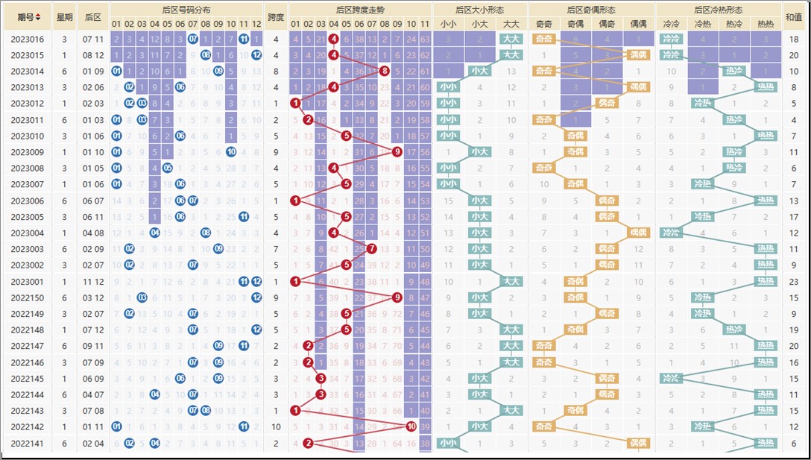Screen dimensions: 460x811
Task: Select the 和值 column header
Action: coord(793,16)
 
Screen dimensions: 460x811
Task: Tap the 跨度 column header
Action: coord(276,16)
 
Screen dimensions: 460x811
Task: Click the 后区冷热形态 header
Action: coord(718,10)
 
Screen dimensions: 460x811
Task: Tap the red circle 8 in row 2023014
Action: coord(384,71)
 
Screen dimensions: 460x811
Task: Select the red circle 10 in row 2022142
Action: coord(411,426)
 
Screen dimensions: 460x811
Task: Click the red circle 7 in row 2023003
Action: coord(371,249)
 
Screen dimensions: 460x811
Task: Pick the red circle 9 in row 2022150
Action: coord(397,297)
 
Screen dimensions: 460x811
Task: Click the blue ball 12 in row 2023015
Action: coord(256,55)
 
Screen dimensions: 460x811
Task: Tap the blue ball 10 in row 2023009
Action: coord(231,152)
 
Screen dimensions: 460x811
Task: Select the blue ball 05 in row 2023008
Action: coord(168,168)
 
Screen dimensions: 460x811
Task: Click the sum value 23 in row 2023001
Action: coord(793,282)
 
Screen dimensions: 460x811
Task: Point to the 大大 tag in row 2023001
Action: coord(511,282)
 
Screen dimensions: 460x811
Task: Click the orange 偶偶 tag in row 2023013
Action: coord(639,87)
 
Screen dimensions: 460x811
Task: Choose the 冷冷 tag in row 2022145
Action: coord(672,379)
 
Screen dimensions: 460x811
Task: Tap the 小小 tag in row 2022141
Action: coord(448,444)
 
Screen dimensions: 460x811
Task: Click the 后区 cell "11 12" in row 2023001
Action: coord(93,282)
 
